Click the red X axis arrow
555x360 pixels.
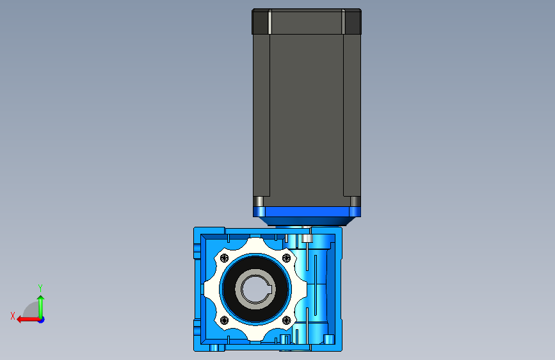click(x=28, y=320)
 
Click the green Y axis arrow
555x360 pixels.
click(x=41, y=307)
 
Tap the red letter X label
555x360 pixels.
click(x=13, y=316)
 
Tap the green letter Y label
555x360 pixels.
click(x=40, y=288)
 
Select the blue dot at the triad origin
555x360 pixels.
click(x=42, y=320)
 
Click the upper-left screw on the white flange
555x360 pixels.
click(x=225, y=258)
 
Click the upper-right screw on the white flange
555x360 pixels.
click(x=286, y=258)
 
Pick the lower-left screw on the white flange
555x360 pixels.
click(x=225, y=320)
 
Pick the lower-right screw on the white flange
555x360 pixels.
click(x=286, y=320)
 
